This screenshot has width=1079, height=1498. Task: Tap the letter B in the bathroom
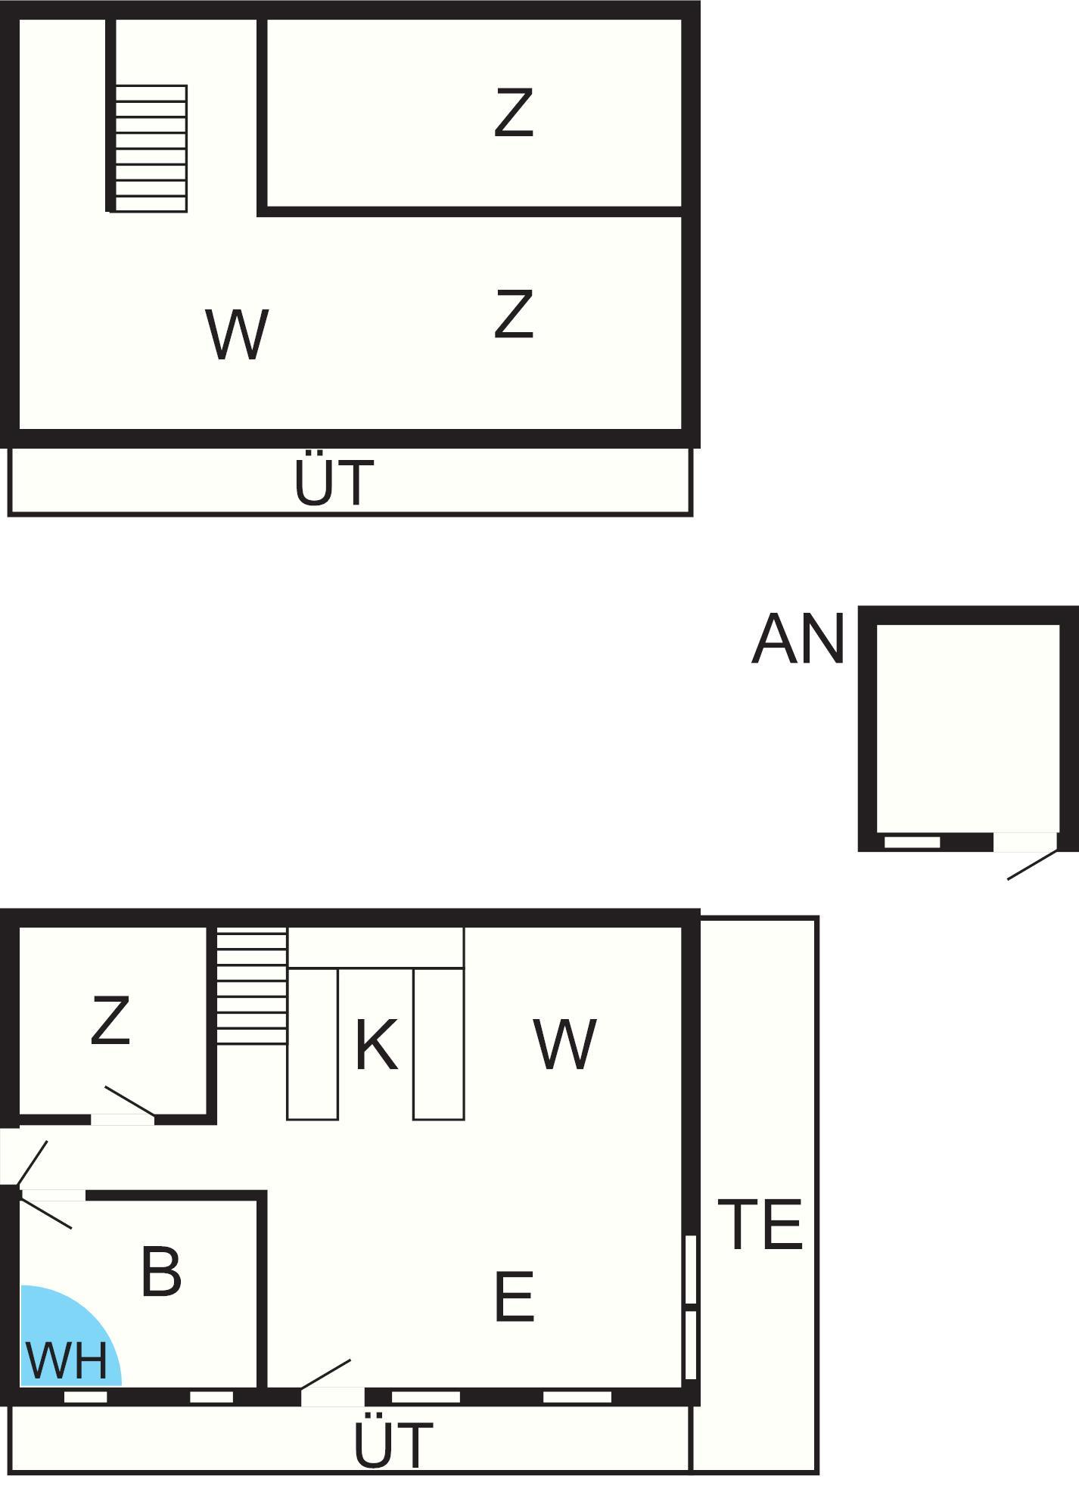(161, 1272)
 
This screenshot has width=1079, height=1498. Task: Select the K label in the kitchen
(375, 1045)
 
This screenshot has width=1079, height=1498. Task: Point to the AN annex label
(798, 640)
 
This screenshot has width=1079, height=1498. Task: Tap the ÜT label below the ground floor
(393, 1444)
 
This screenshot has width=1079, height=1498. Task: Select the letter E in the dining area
(515, 1297)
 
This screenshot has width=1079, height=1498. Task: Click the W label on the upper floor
(237, 334)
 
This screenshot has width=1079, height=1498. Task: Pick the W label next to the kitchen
(564, 1044)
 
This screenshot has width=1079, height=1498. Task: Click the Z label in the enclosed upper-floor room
(514, 113)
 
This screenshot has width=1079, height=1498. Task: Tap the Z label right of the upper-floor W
(514, 314)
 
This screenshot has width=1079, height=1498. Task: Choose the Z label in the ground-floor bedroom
(110, 1021)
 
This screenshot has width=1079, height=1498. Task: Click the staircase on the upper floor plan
(151, 148)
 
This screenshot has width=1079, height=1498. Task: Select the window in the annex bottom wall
(912, 842)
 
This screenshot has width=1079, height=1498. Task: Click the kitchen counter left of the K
(313, 1044)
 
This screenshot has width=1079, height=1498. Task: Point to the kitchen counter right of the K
(438, 1044)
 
